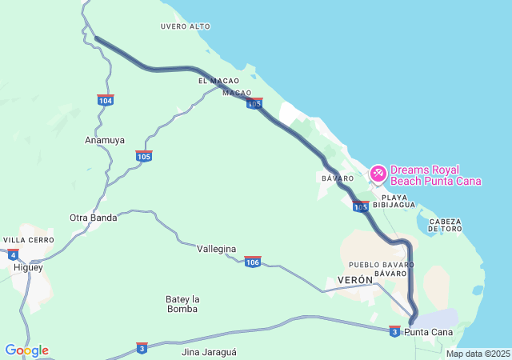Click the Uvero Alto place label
[185, 26]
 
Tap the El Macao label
[218, 82]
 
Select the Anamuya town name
[105, 140]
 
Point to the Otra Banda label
[93, 218]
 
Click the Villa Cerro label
[28, 240]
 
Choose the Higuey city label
[28, 267]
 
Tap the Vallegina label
[217, 249]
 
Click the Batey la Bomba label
[182, 304]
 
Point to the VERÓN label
[356, 280]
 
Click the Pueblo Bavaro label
[381, 264]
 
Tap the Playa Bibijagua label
[398, 201]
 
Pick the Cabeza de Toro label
[446, 225]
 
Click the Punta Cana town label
[429, 332]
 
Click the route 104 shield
[106, 100]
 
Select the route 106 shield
[253, 262]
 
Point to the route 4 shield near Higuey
[13, 255]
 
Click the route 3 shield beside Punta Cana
[394, 330]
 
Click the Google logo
[26, 350]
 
